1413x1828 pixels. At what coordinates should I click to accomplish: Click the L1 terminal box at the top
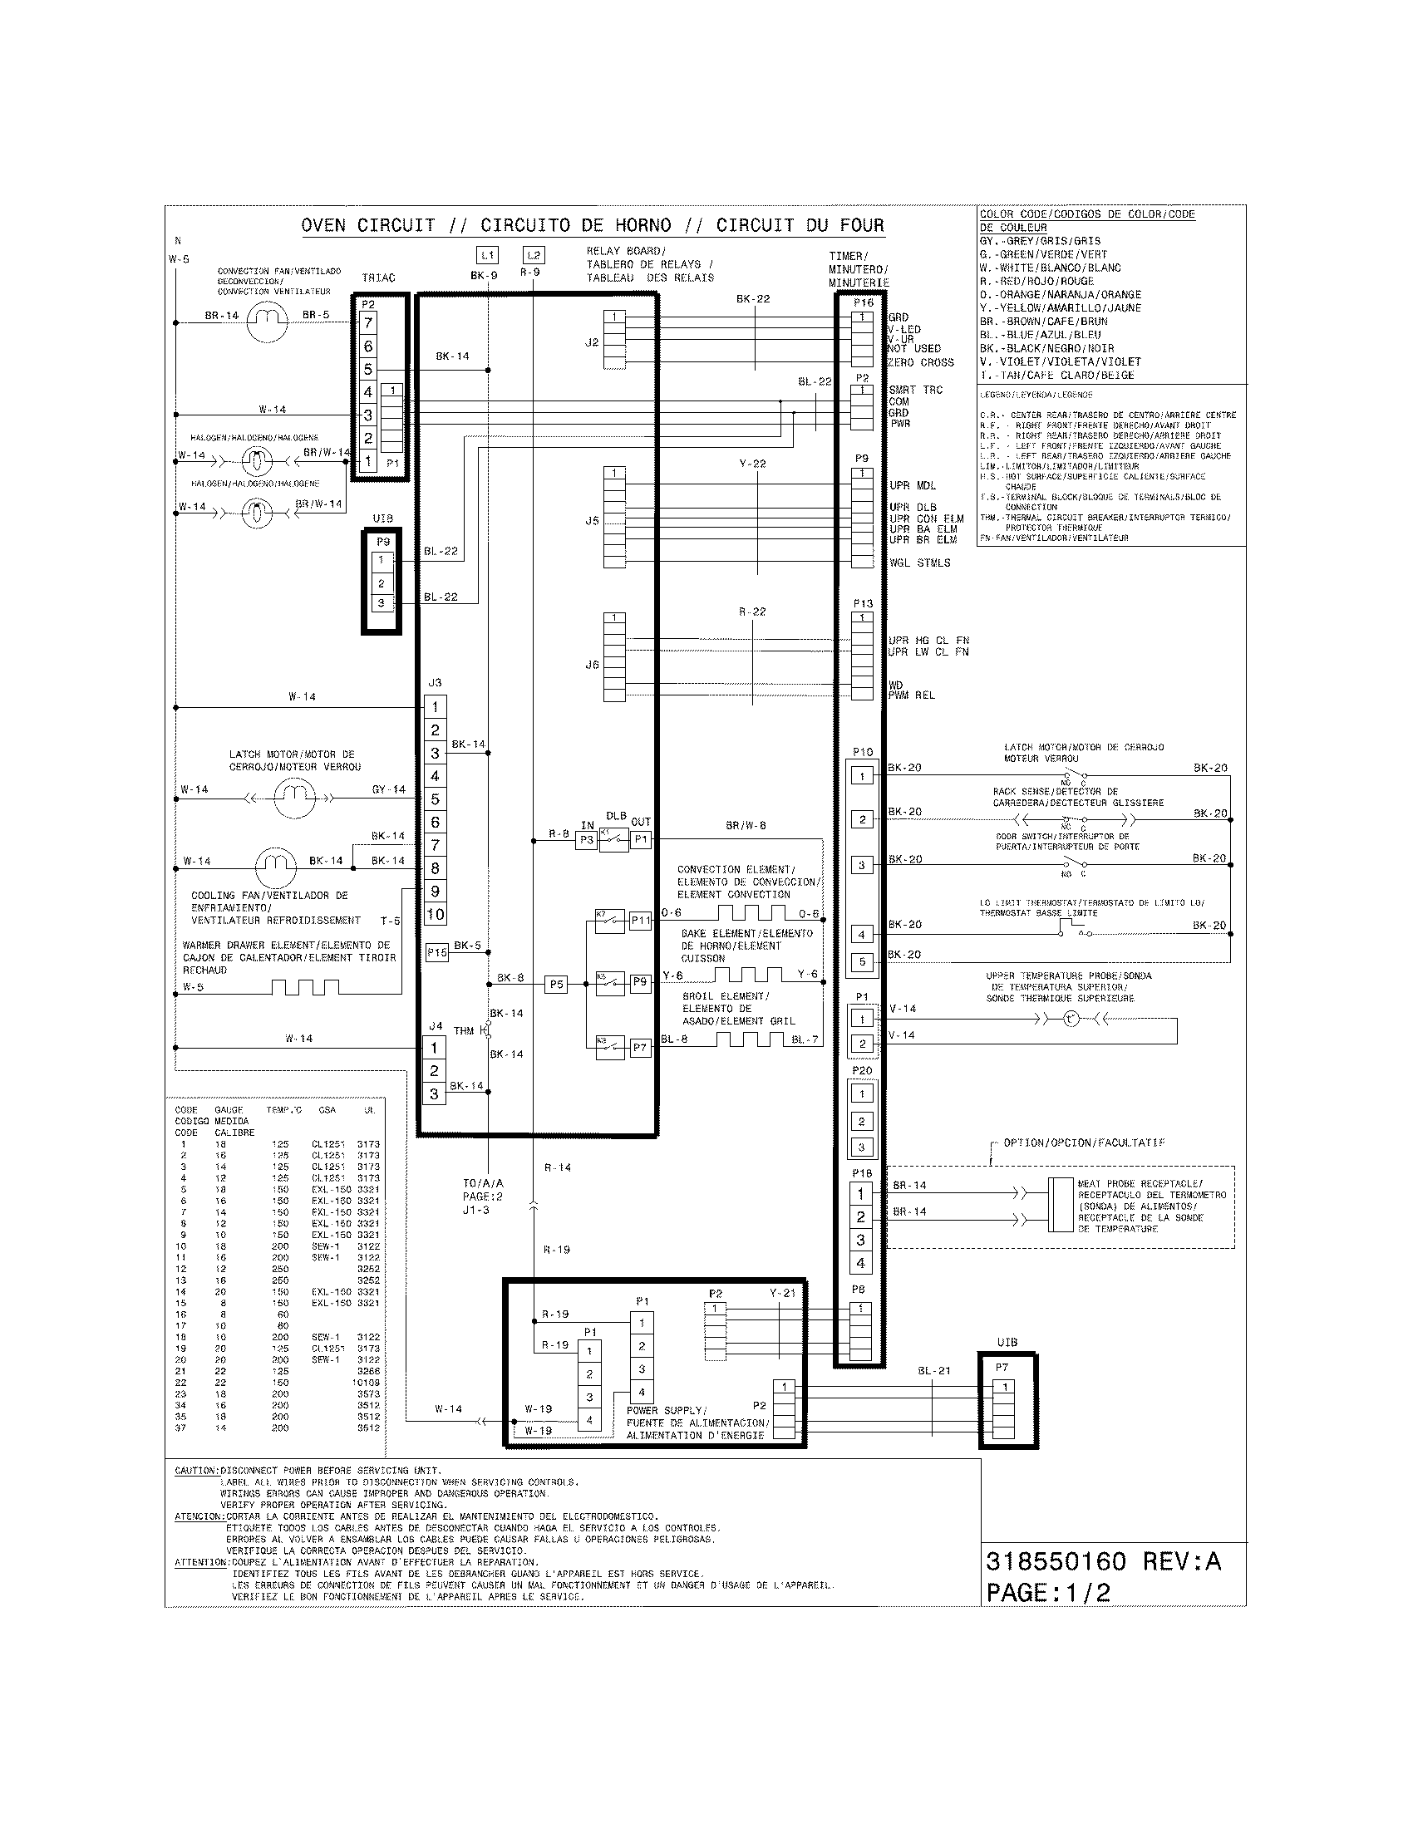tap(488, 255)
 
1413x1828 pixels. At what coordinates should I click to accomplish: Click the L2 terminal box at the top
tap(534, 255)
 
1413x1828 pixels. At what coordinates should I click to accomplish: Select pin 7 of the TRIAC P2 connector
tap(368, 323)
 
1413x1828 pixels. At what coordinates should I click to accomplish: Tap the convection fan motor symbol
tap(267, 322)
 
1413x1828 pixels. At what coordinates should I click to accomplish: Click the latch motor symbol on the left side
tap(293, 798)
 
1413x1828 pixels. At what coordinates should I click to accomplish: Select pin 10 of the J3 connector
tap(436, 914)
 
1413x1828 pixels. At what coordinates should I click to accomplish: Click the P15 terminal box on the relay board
tap(437, 952)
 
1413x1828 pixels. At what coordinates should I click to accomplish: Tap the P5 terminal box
tap(556, 985)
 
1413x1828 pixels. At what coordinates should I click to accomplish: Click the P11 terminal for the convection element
tap(640, 921)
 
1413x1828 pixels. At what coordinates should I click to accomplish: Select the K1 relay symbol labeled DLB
tap(613, 839)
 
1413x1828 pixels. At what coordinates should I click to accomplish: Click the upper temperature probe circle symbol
tap(1071, 1019)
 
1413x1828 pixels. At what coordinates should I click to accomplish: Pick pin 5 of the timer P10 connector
tap(862, 961)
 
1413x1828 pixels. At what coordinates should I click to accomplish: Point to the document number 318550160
tap(1056, 1562)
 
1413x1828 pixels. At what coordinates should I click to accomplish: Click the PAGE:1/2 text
tap(1048, 1593)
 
